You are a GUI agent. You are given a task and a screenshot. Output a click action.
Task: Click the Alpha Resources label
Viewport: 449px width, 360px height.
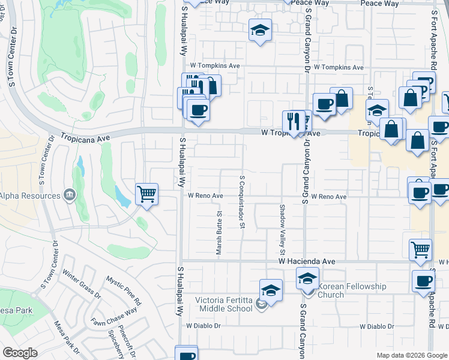pyautogui.click(x=30, y=196)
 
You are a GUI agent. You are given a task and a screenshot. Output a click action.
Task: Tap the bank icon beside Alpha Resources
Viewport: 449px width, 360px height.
pyautogui.click(x=69, y=195)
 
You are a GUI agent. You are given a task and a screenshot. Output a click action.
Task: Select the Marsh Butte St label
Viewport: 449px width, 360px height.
pyautogui.click(x=220, y=232)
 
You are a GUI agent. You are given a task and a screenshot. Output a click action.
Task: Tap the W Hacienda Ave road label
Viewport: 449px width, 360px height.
pyautogui.click(x=307, y=262)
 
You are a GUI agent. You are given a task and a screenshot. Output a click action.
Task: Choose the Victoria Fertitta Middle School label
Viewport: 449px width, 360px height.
pyautogui.click(x=224, y=304)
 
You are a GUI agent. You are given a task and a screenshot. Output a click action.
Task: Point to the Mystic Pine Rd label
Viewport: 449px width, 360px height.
pyautogui.click(x=123, y=290)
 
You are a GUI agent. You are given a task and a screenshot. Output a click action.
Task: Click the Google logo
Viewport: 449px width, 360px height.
pyautogui.click(x=20, y=353)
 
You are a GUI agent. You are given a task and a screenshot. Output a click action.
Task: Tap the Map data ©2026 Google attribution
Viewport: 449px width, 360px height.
pyautogui.click(x=412, y=355)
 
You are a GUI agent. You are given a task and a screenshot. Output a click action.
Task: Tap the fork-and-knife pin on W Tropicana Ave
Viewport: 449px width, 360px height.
pyautogui.click(x=294, y=122)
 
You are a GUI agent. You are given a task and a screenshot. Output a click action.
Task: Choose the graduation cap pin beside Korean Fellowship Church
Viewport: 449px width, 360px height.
pyautogui.click(x=307, y=279)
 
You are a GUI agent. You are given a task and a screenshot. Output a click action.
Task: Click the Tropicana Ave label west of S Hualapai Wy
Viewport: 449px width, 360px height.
pyautogui.click(x=86, y=137)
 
